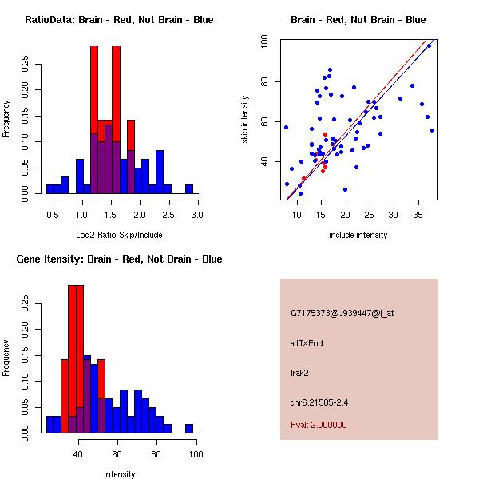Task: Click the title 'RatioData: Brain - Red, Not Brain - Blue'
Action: tap(119, 20)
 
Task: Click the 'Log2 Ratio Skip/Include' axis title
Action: tap(119, 235)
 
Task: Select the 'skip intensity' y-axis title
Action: tap(245, 120)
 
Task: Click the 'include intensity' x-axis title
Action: tap(358, 235)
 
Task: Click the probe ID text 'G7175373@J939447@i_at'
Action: tap(342, 313)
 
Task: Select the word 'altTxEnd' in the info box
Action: tap(307, 343)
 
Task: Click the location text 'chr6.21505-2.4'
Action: tap(320, 401)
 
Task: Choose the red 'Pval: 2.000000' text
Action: tap(319, 425)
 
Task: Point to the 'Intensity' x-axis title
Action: tap(119, 474)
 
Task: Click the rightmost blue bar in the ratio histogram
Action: tap(189, 189)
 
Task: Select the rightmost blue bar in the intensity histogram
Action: tap(189, 429)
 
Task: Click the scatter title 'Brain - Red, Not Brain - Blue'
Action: tap(358, 20)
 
